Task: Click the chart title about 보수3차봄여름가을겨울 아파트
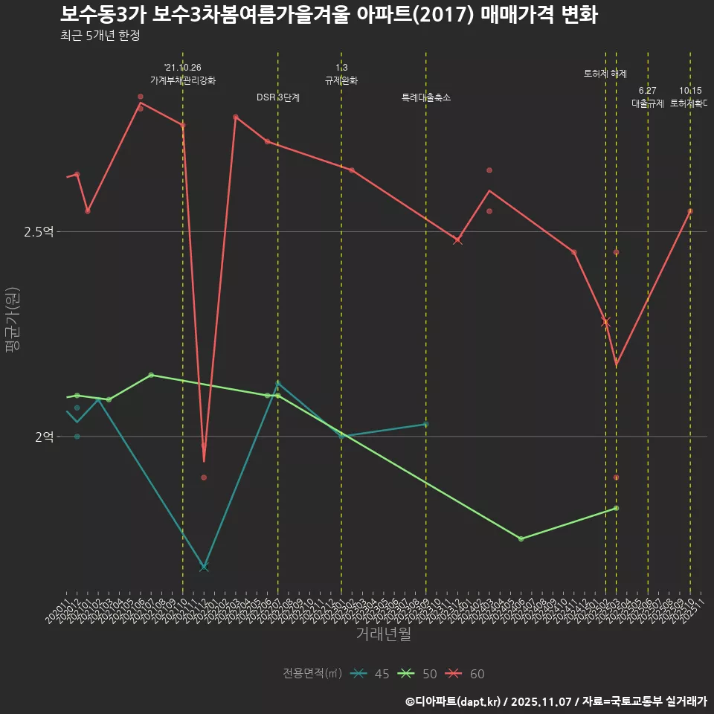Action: pos(328,14)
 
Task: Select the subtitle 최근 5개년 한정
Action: pos(100,36)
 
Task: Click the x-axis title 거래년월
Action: pos(383,634)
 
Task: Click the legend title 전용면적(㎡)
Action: pos(312,674)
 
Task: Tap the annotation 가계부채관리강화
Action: pos(183,80)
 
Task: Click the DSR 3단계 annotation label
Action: pos(278,97)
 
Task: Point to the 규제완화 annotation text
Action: pos(341,80)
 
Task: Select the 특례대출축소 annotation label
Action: pos(426,97)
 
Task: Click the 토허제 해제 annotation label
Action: pos(605,74)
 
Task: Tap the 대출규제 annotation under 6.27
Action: pos(648,103)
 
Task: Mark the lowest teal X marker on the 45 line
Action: pos(204,567)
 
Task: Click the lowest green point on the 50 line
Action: pos(521,538)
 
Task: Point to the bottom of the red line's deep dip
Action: pos(204,461)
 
